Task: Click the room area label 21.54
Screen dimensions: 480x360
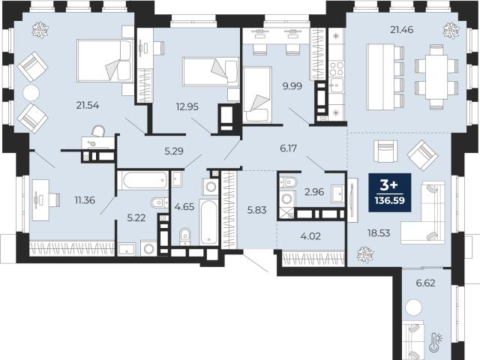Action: click(x=88, y=106)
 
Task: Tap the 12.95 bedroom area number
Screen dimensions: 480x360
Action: click(x=187, y=106)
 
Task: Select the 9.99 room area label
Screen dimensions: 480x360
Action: click(x=292, y=86)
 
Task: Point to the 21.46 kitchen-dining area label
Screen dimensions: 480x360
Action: click(x=402, y=30)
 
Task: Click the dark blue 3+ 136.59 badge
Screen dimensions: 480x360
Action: click(x=390, y=192)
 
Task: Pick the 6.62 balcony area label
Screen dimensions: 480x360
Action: click(x=425, y=283)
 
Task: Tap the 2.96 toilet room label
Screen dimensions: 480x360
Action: click(x=314, y=192)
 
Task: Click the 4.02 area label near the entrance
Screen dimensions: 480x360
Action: click(x=311, y=236)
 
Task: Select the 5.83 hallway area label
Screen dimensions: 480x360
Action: click(x=256, y=210)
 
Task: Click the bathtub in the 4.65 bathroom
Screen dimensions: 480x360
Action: click(x=209, y=222)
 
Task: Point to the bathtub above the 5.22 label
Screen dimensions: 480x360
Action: click(x=143, y=180)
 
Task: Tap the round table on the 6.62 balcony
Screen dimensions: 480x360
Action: click(x=413, y=307)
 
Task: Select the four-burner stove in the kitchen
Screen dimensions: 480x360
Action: click(x=337, y=69)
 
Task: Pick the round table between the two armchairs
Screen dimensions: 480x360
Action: click(x=31, y=92)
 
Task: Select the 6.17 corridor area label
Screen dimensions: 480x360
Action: click(x=288, y=148)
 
